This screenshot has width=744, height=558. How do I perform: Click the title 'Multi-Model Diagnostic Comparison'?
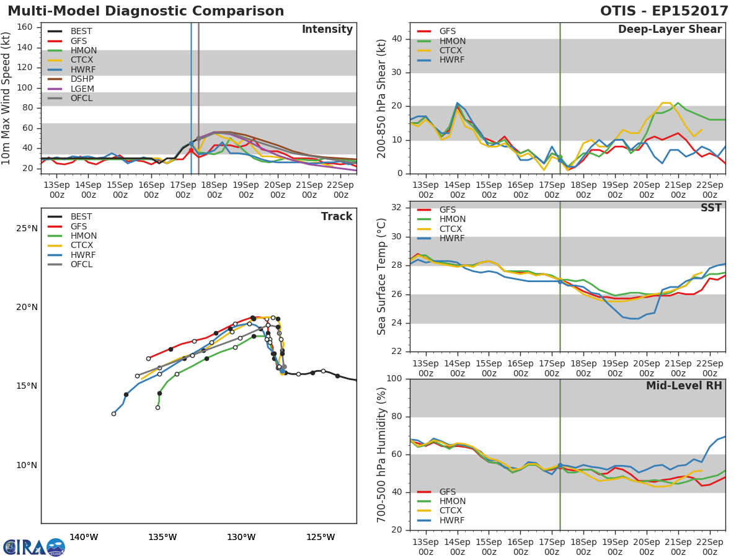tap(146, 11)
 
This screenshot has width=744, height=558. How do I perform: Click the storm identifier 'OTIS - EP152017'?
tap(664, 11)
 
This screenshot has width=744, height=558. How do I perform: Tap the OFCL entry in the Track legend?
tap(81, 264)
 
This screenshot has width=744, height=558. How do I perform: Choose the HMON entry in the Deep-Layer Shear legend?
tap(452, 41)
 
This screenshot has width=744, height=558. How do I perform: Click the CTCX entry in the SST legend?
tap(452, 229)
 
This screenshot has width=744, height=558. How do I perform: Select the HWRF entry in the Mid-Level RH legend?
tap(452, 520)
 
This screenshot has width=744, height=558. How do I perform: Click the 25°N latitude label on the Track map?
tap(27, 228)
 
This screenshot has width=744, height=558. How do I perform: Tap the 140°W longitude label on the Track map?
tap(84, 537)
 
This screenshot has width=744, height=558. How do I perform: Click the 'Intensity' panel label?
tap(327, 29)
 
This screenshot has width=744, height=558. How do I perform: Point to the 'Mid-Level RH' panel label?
tap(684, 386)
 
